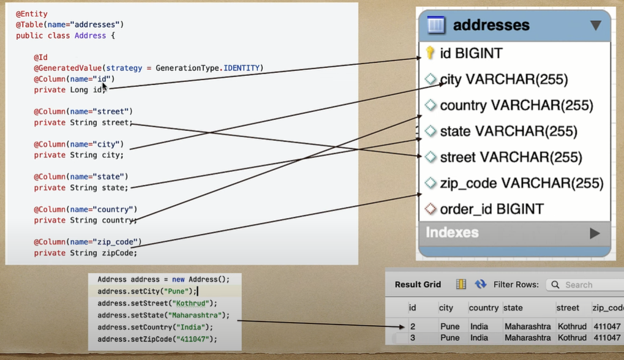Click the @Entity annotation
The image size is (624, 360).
coord(32,13)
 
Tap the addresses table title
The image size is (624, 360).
coord(491,26)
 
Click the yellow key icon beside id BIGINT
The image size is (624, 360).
coord(430,53)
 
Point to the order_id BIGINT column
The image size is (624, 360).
coord(491,209)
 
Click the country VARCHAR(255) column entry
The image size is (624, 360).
coord(516,105)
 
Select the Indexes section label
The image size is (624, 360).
coord(452,233)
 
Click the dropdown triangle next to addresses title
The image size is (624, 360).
coord(595,26)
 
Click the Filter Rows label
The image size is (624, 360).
coord(516,285)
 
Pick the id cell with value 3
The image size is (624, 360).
coord(413,337)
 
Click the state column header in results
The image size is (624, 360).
coord(513,308)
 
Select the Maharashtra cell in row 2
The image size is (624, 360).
coord(527,326)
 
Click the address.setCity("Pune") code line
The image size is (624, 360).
coord(147,291)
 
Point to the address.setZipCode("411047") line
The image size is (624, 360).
coord(157,339)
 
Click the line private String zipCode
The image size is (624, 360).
coord(86,253)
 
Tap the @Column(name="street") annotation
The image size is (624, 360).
coord(83,111)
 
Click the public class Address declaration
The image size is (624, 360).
coord(65,36)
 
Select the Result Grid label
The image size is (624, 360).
coord(418,285)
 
